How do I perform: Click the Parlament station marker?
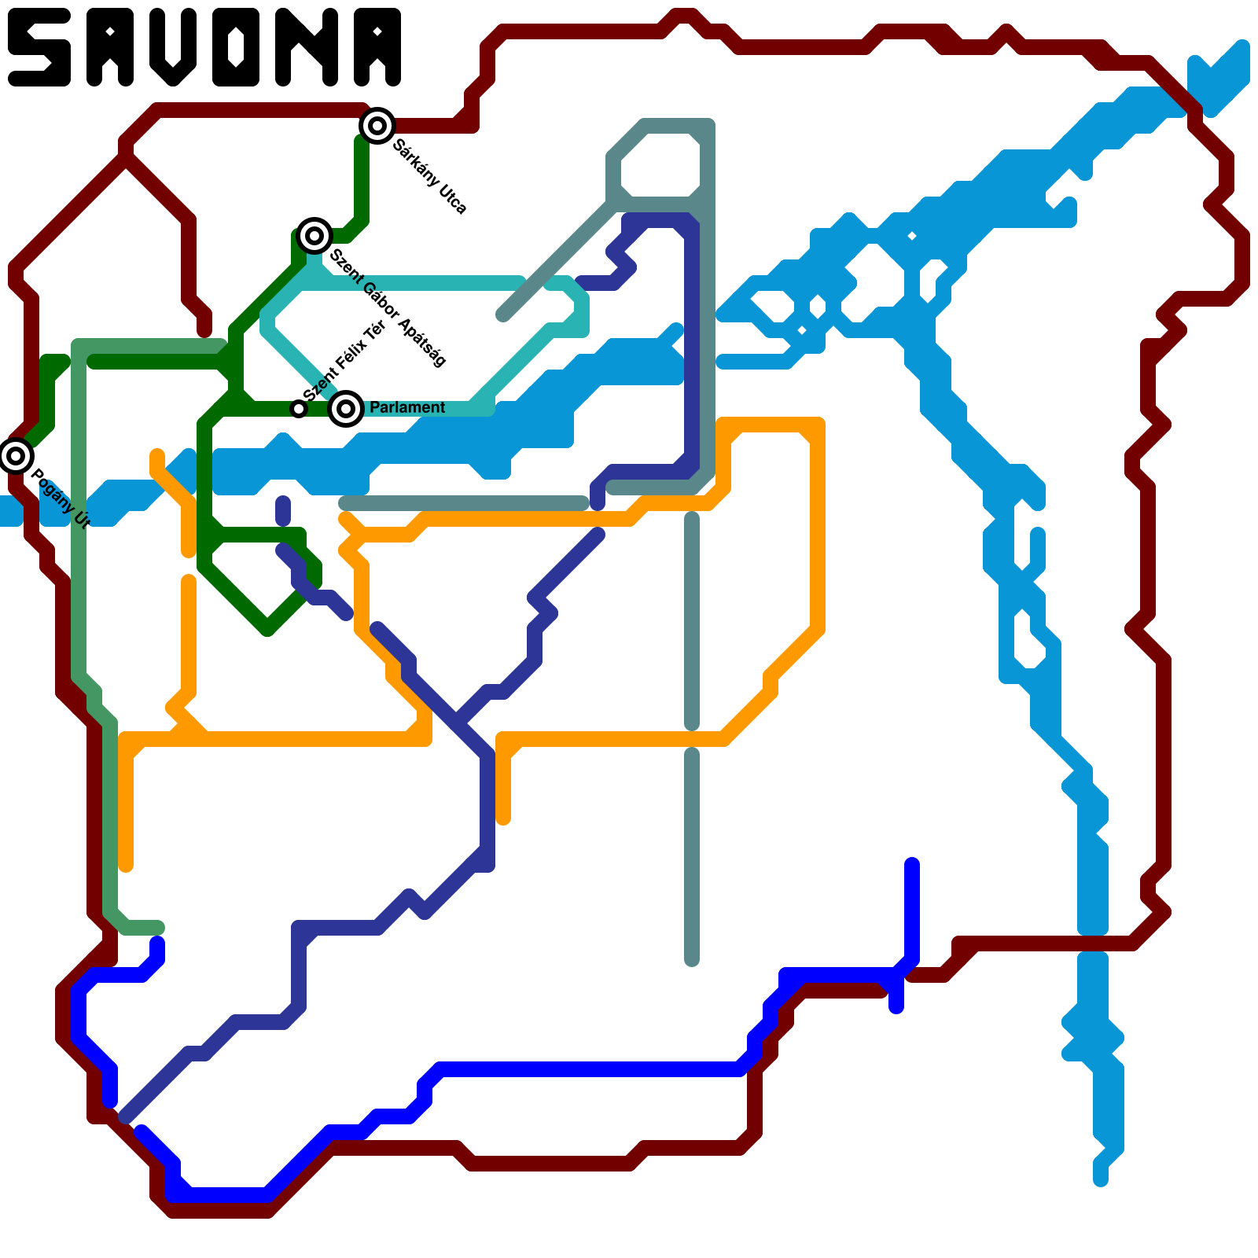(x=346, y=409)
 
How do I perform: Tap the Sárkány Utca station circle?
(x=377, y=126)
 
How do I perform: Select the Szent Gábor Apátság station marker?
(x=314, y=235)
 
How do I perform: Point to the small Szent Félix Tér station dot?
(x=298, y=409)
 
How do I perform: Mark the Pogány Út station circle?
(x=16, y=456)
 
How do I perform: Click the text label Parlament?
(x=407, y=407)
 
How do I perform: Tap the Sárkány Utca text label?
(x=430, y=177)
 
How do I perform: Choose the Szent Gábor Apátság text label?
(x=388, y=307)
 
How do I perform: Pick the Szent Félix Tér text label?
(x=344, y=361)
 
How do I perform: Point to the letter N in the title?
(x=309, y=47)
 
